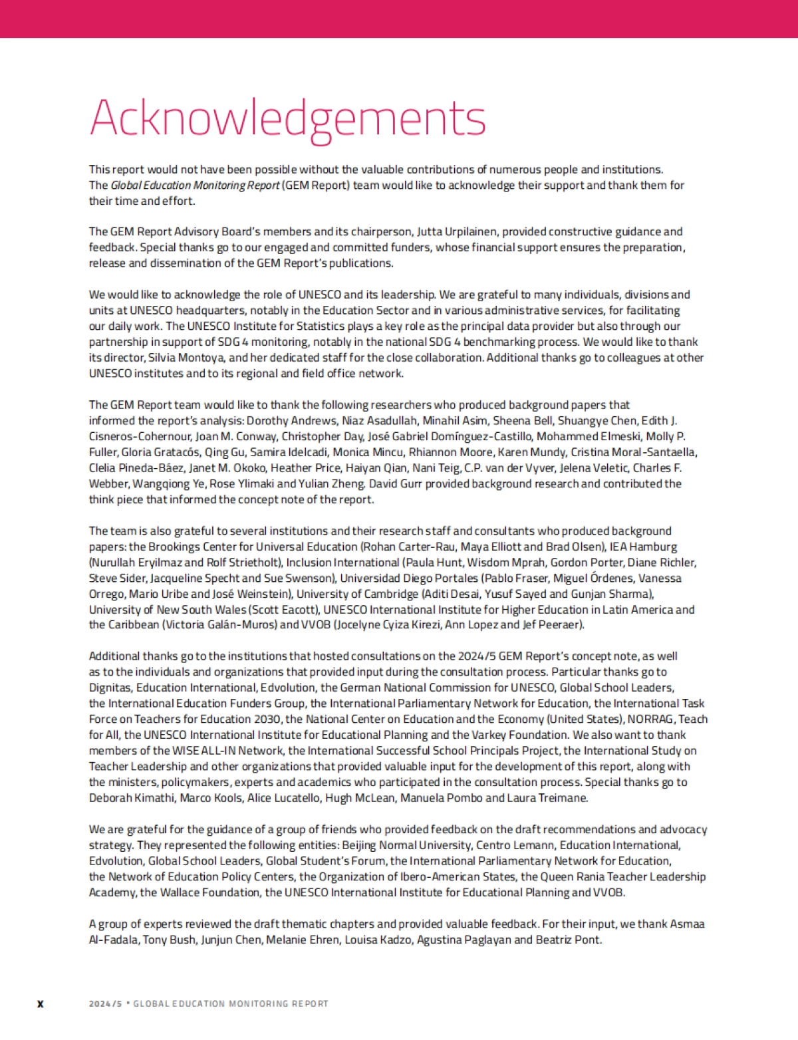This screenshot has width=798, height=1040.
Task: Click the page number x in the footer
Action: (x=40, y=1003)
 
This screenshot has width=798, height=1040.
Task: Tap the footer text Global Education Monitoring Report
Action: (x=230, y=1003)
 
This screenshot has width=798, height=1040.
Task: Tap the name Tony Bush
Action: (x=170, y=940)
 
